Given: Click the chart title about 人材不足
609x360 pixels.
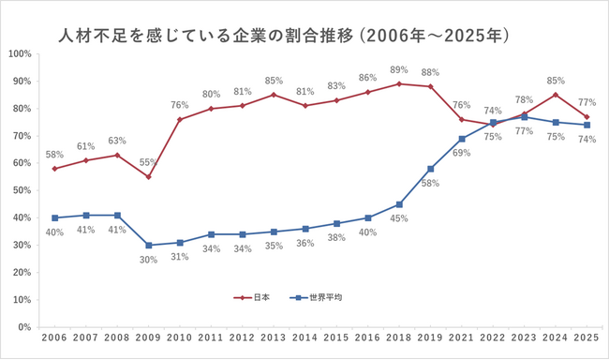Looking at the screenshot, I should (283, 37).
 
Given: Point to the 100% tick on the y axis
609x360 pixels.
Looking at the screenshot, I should (19, 52).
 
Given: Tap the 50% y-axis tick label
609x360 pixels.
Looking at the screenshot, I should (21, 190).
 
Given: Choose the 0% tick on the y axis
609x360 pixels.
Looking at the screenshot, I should (23, 328).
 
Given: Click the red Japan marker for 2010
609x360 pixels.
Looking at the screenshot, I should (178, 119).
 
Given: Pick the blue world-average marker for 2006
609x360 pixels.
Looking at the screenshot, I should (54, 217).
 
